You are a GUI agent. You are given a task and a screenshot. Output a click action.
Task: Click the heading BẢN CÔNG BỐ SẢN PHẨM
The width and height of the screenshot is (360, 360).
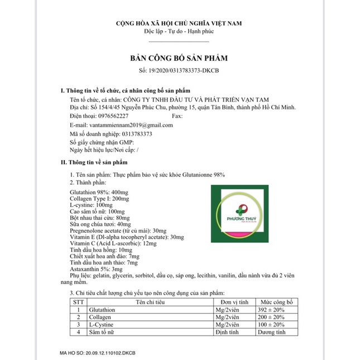coord(179,58)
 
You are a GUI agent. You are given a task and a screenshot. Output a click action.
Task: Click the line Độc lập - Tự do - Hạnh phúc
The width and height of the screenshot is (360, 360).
coord(179,31)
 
